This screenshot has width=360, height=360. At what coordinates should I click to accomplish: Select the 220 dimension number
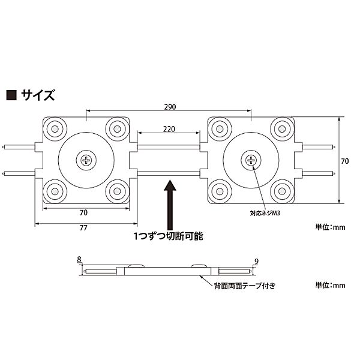169,128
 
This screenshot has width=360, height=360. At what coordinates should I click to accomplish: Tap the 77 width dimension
83,229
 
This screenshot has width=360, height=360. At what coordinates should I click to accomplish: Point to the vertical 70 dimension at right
344,161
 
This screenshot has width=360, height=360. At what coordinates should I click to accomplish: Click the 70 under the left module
83,212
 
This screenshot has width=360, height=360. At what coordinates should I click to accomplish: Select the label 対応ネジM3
266,212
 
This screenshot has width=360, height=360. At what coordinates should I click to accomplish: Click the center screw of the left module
88,160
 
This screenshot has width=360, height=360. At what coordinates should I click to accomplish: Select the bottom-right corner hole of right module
280,191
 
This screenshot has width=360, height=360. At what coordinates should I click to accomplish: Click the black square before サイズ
11,95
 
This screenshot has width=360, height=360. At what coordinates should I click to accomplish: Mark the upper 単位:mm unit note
331,228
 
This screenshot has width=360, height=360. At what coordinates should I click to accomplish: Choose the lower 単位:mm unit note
331,284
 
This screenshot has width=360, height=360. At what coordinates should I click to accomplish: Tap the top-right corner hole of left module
116,128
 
